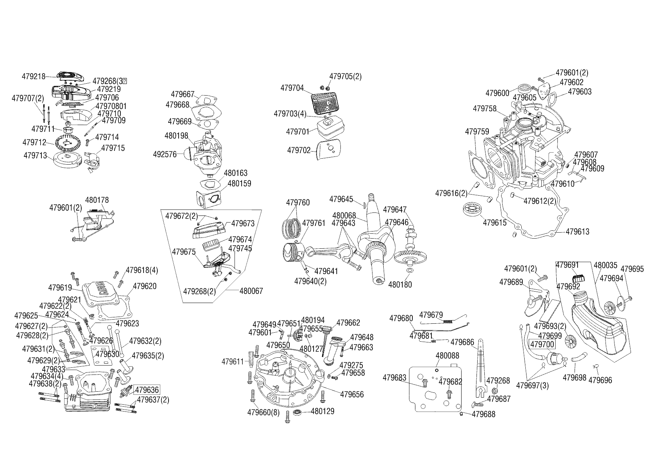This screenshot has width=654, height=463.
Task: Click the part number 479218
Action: (34, 77)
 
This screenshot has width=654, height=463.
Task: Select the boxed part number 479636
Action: (147, 390)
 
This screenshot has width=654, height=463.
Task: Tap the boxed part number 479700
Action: (543, 344)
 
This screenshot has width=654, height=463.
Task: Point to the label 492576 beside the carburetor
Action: (165, 154)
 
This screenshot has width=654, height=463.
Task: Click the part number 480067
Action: (251, 291)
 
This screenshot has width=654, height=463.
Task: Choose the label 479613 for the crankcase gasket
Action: (578, 232)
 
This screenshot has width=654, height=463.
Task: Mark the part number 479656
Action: (352, 395)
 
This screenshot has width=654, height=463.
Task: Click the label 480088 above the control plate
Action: (447, 355)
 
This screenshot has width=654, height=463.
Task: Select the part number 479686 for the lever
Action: (462, 342)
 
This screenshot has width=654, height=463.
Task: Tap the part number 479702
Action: (299, 150)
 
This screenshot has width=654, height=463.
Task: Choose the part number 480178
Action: (97, 200)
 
